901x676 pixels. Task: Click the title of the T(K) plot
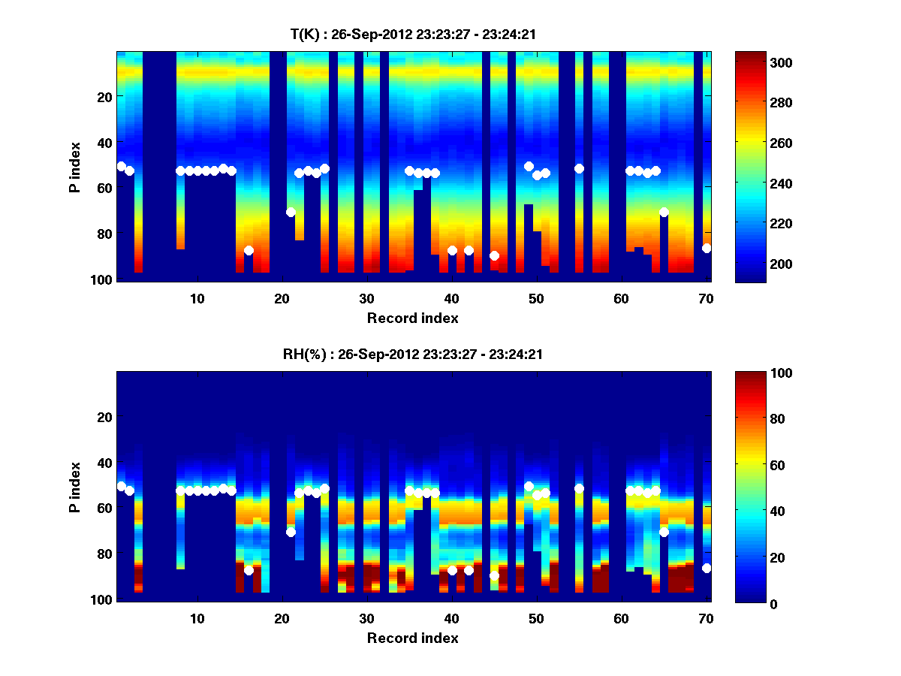pos(412,34)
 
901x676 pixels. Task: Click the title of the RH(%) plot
pos(412,354)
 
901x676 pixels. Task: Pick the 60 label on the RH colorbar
pos(750,466)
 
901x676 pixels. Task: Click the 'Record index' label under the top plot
pos(412,318)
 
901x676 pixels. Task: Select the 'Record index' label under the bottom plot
pos(412,638)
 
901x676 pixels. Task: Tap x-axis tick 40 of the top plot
pos(451,297)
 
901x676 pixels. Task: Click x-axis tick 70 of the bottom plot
pos(706,617)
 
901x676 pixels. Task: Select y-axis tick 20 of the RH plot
pos(105,417)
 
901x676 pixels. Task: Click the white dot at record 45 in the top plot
pos(494,256)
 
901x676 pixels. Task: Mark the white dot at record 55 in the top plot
pos(579,168)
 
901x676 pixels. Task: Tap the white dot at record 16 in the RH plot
pos(249,570)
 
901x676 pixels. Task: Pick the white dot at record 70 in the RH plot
pos(707,568)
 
